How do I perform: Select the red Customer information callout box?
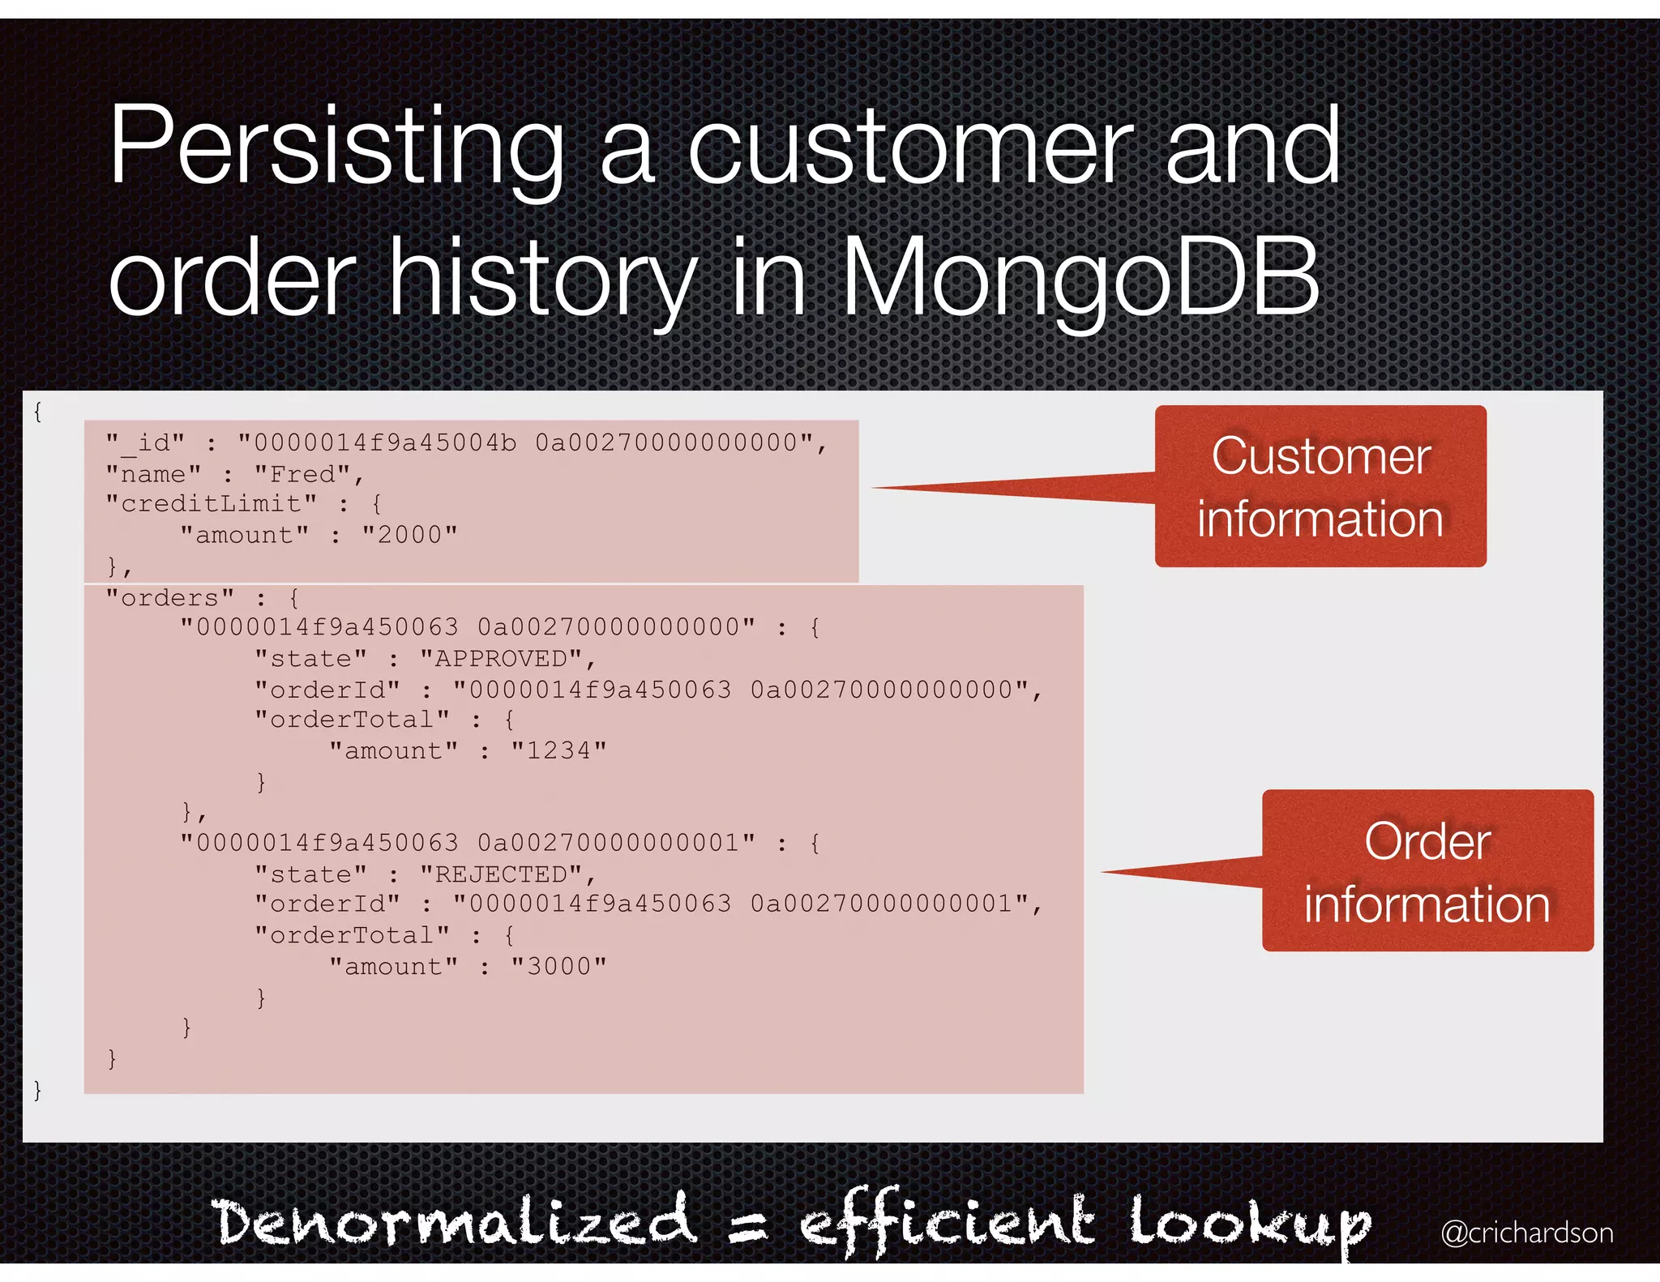click(x=1320, y=486)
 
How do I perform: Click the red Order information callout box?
click(x=1427, y=871)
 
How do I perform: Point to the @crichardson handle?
click(x=1526, y=1233)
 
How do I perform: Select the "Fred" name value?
click(x=306, y=474)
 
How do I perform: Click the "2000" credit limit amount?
click(x=409, y=535)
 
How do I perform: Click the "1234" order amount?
click(x=558, y=751)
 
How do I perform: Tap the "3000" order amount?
click(x=558, y=967)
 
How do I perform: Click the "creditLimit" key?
click(x=211, y=504)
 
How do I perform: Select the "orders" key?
click(x=169, y=598)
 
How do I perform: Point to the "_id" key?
click(x=145, y=443)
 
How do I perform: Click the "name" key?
click(x=153, y=474)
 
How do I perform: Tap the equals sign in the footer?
click(x=747, y=1225)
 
